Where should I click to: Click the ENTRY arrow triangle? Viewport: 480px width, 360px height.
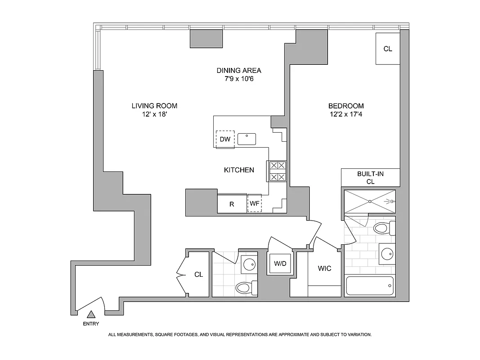coord(91,315)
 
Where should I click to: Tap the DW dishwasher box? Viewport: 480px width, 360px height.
coord(225,139)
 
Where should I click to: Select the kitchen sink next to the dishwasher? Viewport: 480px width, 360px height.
coord(247,139)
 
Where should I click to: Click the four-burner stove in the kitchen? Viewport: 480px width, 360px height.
coord(277,171)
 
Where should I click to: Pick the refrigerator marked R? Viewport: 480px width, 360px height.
coord(232,204)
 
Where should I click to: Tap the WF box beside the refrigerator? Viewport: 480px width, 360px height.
coord(255,203)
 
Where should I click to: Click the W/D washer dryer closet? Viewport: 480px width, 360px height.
coord(280,264)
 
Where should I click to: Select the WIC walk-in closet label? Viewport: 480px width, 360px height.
coord(324,269)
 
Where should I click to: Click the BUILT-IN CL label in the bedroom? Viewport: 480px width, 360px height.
coord(371,177)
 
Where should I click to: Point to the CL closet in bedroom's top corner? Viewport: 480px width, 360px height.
coord(387,49)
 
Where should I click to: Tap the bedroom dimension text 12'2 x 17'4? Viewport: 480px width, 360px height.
coord(346,115)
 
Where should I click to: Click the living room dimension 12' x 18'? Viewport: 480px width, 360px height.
coord(154,115)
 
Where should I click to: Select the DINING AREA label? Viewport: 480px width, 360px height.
coord(239,71)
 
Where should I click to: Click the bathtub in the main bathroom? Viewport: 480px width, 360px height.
coord(370,286)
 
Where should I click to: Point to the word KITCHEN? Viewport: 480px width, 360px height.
coord(239,170)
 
